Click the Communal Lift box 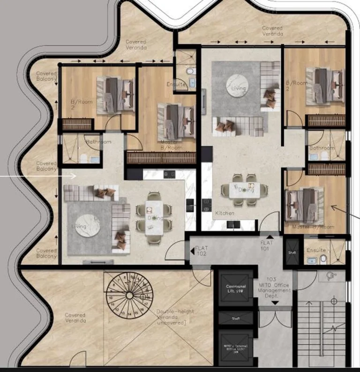tap(236, 290)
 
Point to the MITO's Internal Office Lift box tap(236, 349)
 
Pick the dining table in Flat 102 tap(155, 218)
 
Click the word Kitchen tap(225, 214)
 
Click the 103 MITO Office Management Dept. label tap(274, 287)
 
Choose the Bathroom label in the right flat tap(322, 149)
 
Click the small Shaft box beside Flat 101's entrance tap(291, 249)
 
